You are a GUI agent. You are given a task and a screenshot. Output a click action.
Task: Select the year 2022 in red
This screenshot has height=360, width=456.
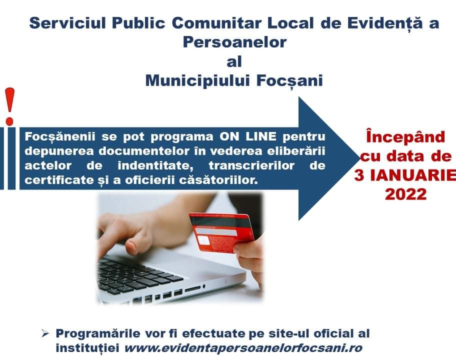pyautogui.click(x=405, y=194)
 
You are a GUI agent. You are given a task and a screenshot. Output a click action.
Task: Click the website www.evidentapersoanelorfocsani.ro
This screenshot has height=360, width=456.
pyautogui.click(x=243, y=348)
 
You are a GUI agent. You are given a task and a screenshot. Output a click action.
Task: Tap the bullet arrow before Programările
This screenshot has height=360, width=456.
pyautogui.click(x=45, y=333)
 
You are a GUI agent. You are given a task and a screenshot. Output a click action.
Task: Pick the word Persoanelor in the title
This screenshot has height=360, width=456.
pyautogui.click(x=234, y=42)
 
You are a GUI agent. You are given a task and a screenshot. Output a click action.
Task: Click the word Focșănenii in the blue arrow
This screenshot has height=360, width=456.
pyautogui.click(x=60, y=136)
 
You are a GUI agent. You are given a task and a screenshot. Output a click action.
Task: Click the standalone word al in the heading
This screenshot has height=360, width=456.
pyautogui.click(x=234, y=61)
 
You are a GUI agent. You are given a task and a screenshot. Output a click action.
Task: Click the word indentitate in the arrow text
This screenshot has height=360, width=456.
pyautogui.click(x=156, y=166)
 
